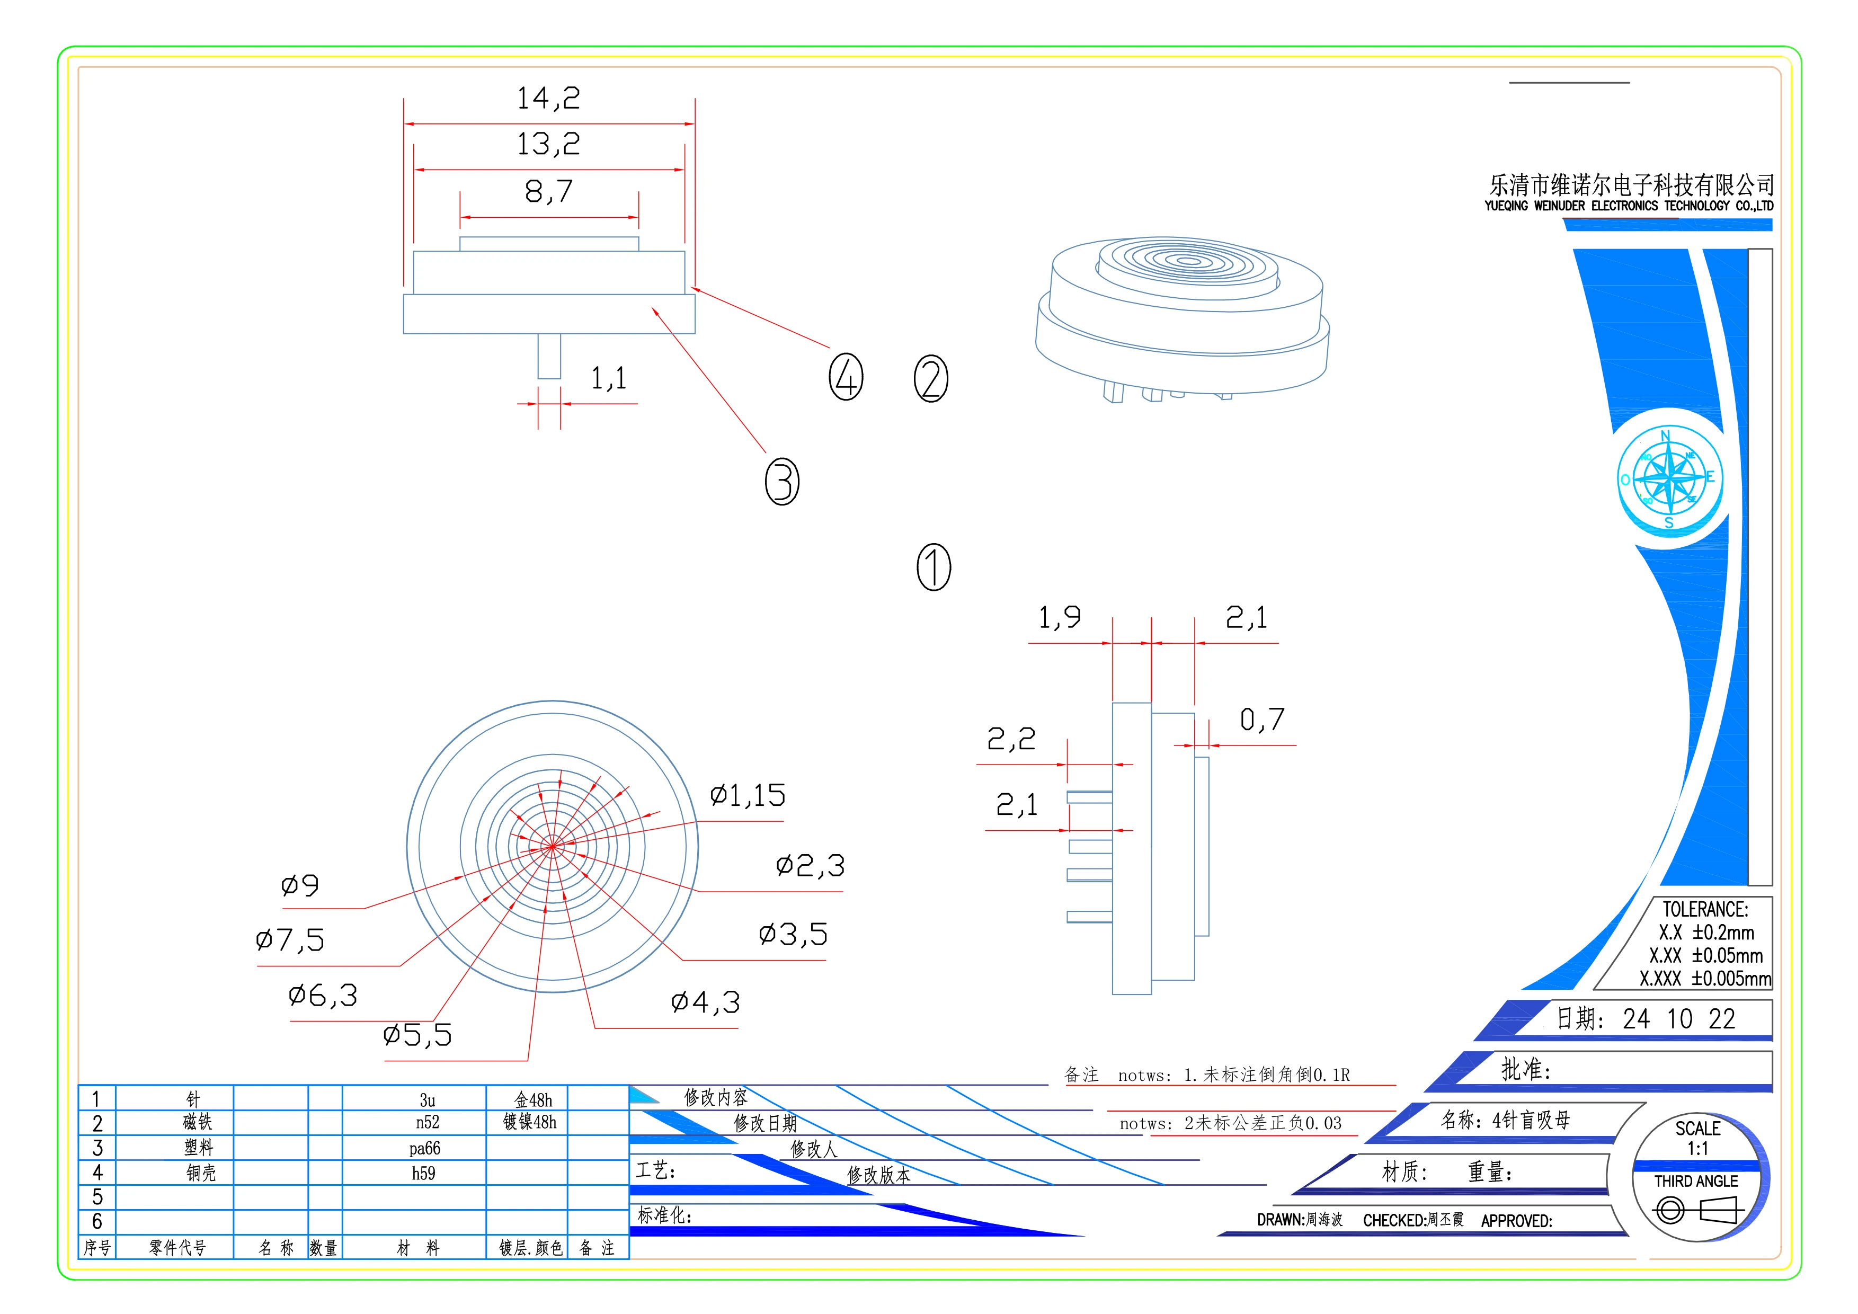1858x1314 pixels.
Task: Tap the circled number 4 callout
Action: click(x=846, y=377)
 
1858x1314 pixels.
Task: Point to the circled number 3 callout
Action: click(x=782, y=482)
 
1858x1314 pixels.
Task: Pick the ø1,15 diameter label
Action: click(x=747, y=795)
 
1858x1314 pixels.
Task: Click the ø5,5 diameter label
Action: click(x=417, y=1035)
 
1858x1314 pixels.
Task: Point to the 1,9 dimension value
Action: click(x=1059, y=617)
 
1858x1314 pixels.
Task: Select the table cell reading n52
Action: click(x=426, y=1122)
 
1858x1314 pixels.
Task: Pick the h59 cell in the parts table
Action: click(x=423, y=1173)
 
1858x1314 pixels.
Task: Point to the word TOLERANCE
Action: click(x=1705, y=909)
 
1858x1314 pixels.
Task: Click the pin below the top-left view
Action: click(x=549, y=356)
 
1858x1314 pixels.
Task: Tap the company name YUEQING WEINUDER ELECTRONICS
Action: click(x=1628, y=206)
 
